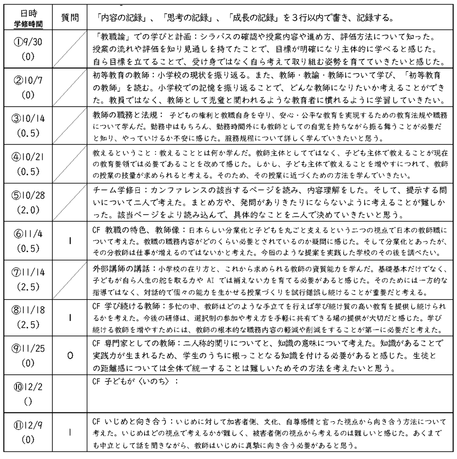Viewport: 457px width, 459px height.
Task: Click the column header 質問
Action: click(x=70, y=18)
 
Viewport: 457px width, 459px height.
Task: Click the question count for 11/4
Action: click(x=70, y=241)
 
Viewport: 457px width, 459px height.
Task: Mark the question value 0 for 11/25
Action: click(x=70, y=355)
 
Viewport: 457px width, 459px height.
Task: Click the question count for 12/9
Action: click(x=70, y=432)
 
